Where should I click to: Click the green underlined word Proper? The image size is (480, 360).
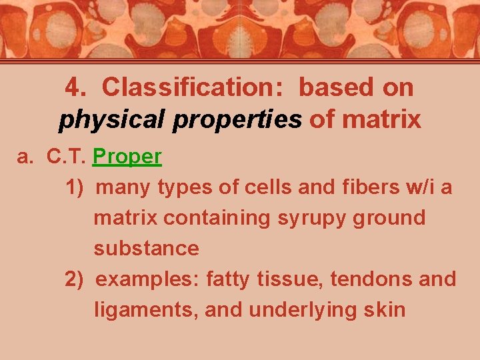127,157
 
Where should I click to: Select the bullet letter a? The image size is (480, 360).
25,157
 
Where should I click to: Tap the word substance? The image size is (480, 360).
146,249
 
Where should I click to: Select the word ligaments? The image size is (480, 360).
146,309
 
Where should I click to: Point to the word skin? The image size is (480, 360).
385,309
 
